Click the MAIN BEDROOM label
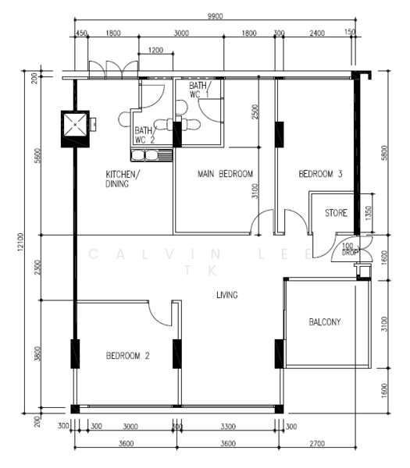[225, 174]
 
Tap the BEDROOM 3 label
[320, 174]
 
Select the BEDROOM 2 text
[127, 356]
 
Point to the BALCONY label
[325, 321]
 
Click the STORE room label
[336, 213]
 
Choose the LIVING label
[227, 295]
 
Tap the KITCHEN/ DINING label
[123, 179]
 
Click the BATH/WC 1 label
[200, 90]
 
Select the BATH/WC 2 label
[145, 135]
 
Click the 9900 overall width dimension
[216, 16]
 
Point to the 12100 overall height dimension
[20, 242]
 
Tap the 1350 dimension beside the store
[368, 213]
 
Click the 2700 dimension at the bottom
[317, 444]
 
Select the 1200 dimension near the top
[155, 50]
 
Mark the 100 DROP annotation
[349, 250]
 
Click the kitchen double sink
[152, 155]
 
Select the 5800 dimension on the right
[384, 153]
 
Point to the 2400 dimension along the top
[317, 33]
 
